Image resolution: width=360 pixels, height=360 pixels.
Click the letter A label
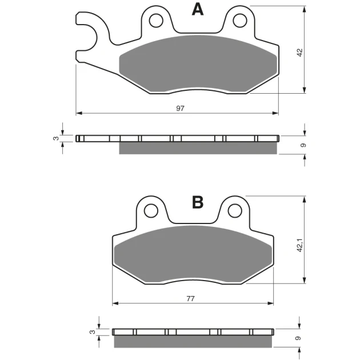coord(198,10)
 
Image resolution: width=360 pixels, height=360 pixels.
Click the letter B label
coord(198,202)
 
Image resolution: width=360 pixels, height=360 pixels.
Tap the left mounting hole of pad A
coord(156,21)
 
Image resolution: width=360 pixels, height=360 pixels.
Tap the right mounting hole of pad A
coord(240,21)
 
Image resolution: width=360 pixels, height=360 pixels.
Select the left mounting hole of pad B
coord(151,210)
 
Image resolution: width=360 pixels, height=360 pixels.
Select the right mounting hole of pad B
coord(235,210)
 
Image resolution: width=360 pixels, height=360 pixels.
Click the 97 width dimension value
coord(180,108)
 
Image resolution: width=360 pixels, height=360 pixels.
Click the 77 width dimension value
coord(190,298)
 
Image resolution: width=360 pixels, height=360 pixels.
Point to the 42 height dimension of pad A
coord(300,53)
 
